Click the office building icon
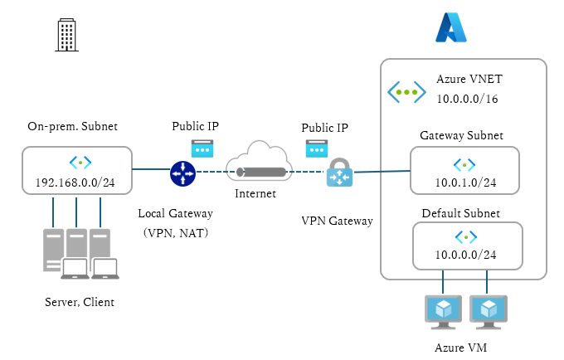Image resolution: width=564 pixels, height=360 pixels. [66, 34]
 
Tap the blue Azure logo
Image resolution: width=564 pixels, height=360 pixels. [451, 27]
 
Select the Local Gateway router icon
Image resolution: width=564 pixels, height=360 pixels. [182, 173]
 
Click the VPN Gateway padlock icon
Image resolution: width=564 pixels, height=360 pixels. [339, 175]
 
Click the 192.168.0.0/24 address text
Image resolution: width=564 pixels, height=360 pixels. [75, 182]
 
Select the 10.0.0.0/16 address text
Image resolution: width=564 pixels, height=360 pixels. [469, 99]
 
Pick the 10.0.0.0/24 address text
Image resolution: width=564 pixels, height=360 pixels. [466, 255]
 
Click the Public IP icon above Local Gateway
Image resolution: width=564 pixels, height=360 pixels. [202, 148]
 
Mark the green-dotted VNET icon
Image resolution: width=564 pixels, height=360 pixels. [406, 91]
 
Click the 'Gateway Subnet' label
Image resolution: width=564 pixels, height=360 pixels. [461, 135]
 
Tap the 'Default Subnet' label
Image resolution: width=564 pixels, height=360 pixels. [460, 213]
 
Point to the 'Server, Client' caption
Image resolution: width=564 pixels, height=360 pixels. [80, 302]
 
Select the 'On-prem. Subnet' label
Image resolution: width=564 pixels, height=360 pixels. [73, 127]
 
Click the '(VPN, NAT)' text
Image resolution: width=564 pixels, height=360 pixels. [176, 233]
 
